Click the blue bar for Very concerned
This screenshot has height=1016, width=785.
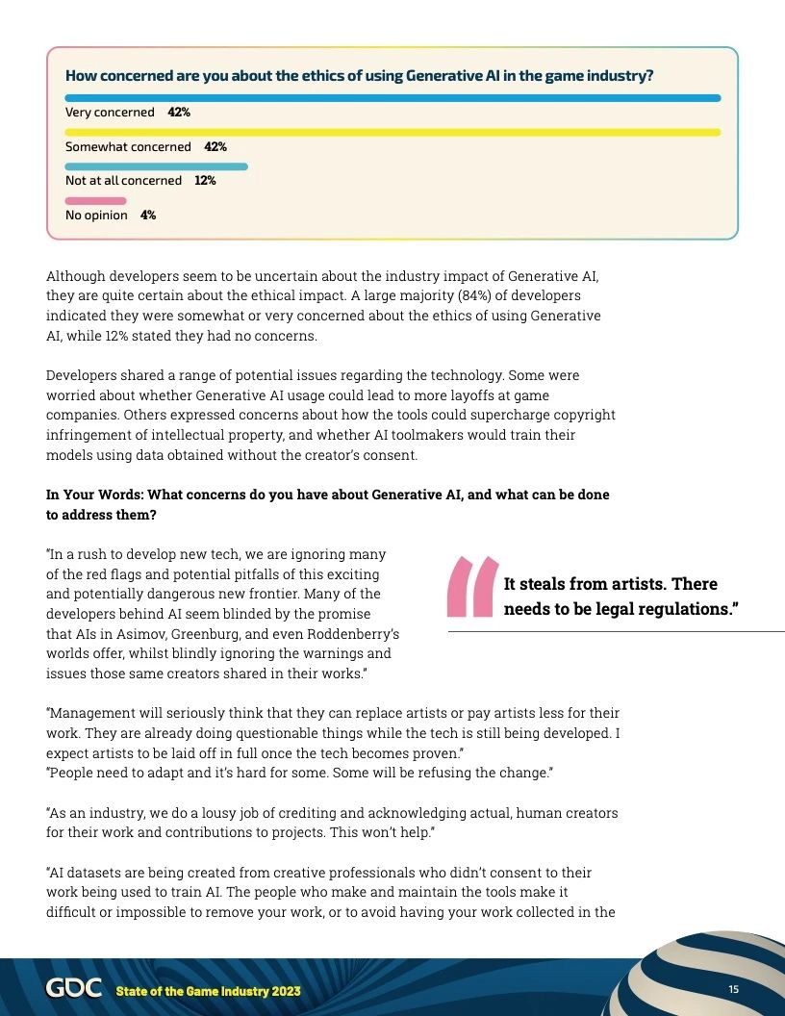point(392,98)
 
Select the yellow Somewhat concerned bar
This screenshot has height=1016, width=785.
point(392,133)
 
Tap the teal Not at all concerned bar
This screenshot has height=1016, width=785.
point(156,166)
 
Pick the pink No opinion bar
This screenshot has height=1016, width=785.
point(95,201)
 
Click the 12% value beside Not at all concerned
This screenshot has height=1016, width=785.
point(205,181)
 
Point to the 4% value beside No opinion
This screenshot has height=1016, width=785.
point(148,216)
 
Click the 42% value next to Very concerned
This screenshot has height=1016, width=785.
point(179,113)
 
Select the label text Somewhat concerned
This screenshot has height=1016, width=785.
point(128,147)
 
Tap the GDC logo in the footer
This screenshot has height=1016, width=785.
point(73,989)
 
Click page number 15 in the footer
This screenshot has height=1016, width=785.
point(733,990)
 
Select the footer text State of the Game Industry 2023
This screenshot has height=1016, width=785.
point(208,991)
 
